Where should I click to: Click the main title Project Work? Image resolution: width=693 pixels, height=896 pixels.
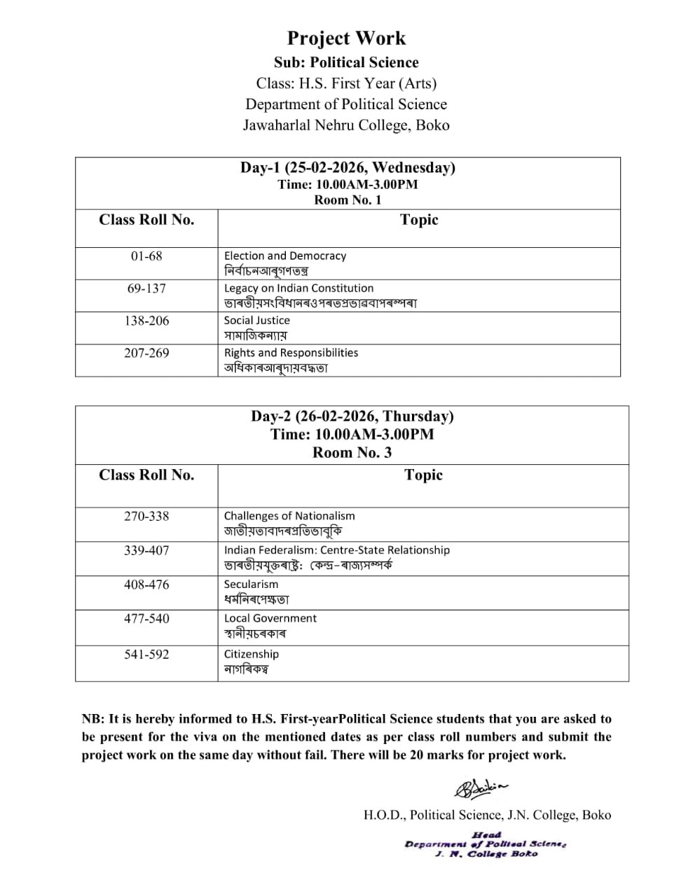click(346, 38)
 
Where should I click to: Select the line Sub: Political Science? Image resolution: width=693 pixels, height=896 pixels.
click(346, 62)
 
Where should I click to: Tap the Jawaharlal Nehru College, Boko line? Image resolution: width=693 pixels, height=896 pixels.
click(346, 125)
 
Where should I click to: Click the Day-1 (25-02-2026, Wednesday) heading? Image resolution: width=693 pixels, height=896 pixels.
click(348, 167)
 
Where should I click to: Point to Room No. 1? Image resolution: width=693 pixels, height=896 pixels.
click(348, 199)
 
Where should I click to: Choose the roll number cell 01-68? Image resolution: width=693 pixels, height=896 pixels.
click(146, 256)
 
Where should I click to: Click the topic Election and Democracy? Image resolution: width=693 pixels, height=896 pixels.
click(284, 256)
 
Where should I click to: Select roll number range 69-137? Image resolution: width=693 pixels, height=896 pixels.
click(146, 288)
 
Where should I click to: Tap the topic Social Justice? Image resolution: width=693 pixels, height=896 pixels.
click(256, 321)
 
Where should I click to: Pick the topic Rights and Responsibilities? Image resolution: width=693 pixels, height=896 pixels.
click(291, 353)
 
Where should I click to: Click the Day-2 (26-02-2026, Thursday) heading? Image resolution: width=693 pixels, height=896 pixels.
click(352, 416)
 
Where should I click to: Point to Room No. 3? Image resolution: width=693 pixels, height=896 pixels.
click(352, 452)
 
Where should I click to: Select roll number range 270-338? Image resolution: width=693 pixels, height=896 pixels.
click(146, 516)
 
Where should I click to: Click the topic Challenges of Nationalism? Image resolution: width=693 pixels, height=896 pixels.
click(289, 516)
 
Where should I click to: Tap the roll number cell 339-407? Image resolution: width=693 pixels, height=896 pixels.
click(146, 550)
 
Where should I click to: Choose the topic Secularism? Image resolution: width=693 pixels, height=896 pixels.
click(251, 584)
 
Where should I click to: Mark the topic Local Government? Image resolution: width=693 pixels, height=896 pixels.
click(270, 618)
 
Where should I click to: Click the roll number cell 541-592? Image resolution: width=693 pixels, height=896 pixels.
click(146, 654)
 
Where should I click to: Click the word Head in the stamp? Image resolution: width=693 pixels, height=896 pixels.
click(486, 834)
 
